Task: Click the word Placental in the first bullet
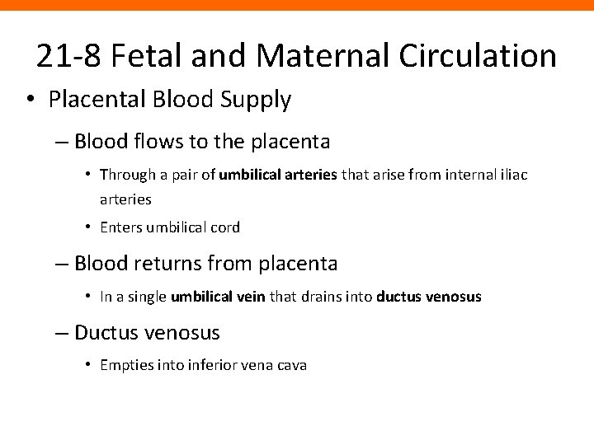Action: [89, 101]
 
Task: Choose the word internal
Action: [445, 175]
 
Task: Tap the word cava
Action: [291, 365]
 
